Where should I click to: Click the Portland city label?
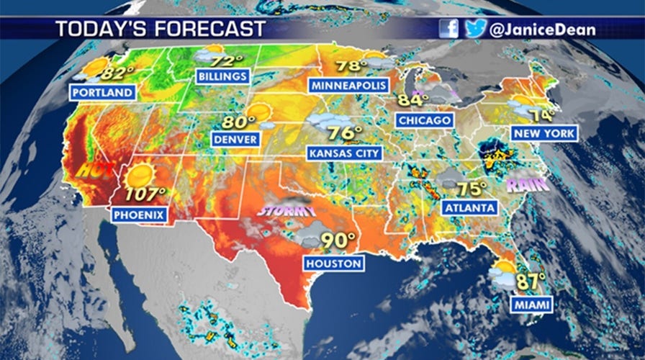coord(102,92)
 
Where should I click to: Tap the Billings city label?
coord(223,76)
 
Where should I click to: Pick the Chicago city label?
coord(424,120)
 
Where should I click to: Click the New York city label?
coord(543,133)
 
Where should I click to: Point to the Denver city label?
coord(235,138)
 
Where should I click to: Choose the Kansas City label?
coord(344,153)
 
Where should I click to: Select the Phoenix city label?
coord(140,214)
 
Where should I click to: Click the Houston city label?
coord(333,264)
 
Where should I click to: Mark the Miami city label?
coord(533,305)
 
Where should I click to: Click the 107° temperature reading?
coord(145,194)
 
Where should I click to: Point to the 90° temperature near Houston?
coord(338,240)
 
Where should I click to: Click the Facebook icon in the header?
coord(448,29)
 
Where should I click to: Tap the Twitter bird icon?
coord(474,29)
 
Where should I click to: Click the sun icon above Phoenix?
coord(140,174)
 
